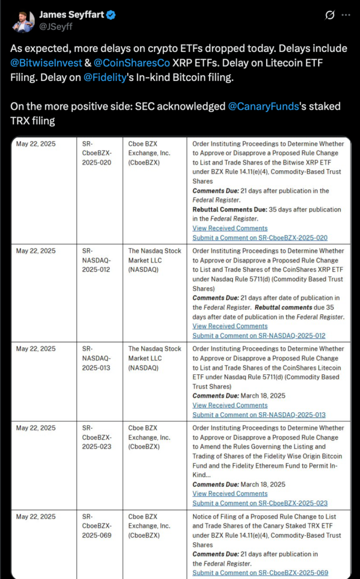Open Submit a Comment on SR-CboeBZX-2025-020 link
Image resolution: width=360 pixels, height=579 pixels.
(260, 237)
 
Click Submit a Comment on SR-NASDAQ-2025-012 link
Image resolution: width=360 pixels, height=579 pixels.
(259, 335)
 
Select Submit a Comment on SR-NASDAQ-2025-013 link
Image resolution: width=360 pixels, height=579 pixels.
(259, 414)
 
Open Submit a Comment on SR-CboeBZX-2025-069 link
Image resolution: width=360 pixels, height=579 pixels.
(260, 573)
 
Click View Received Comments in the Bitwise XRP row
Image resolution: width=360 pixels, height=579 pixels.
(230, 228)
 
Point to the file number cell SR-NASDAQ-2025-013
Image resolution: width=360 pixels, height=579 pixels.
(97, 358)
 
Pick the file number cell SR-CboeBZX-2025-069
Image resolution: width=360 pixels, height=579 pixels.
(97, 525)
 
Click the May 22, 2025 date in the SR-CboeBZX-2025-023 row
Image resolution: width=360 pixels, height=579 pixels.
(36, 428)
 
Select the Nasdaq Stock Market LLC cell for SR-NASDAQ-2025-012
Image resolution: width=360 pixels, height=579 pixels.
(155, 260)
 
